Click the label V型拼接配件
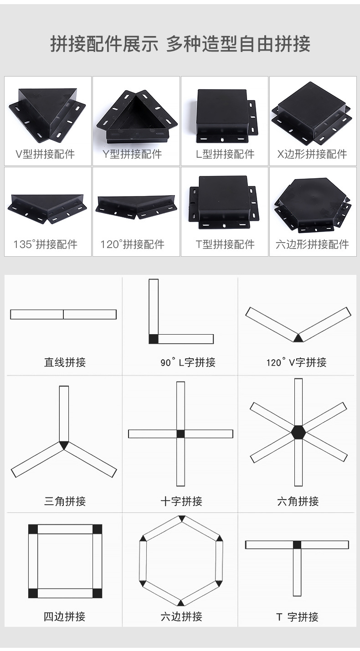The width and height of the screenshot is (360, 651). pyautogui.click(x=45, y=154)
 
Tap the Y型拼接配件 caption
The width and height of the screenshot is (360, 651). pyautogui.click(x=132, y=154)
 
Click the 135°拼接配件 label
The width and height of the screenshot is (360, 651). pyautogui.click(x=45, y=244)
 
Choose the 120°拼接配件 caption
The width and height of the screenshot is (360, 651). pyautogui.click(x=132, y=244)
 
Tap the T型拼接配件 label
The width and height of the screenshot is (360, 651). pyautogui.click(x=225, y=244)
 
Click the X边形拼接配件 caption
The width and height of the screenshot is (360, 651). pyautogui.click(x=312, y=154)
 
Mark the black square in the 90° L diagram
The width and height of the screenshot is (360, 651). pyautogui.click(x=154, y=339)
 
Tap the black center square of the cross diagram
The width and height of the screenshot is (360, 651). pyautogui.click(x=180, y=434)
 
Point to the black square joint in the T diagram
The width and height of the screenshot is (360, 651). pyautogui.click(x=297, y=544)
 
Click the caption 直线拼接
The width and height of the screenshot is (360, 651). pyautogui.click(x=65, y=362)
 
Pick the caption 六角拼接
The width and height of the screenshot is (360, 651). pyautogui.click(x=298, y=501)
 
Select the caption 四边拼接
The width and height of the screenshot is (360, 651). pyautogui.click(x=64, y=617)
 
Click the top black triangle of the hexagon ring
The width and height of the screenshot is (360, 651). pyautogui.click(x=181, y=519)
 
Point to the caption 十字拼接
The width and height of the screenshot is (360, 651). pyautogui.click(x=181, y=501)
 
